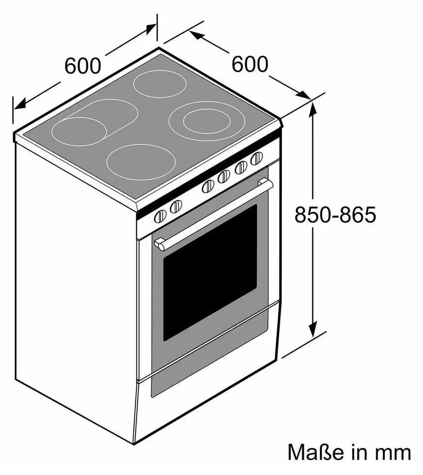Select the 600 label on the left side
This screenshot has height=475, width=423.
tap(83, 65)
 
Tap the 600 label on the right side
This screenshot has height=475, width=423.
tap(250, 64)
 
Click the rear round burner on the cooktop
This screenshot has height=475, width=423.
tap(160, 84)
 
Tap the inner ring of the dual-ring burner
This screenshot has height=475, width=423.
tap(207, 122)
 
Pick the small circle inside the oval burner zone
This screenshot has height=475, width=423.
tap(79, 131)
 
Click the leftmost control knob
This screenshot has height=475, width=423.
tap(160, 216)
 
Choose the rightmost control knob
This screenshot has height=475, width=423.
tap(256, 158)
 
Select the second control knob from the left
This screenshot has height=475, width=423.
tap(176, 206)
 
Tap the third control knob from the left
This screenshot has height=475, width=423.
tap(208, 186)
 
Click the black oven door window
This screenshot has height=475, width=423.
tap(210, 272)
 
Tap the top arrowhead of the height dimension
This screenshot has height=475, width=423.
tap(313, 109)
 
